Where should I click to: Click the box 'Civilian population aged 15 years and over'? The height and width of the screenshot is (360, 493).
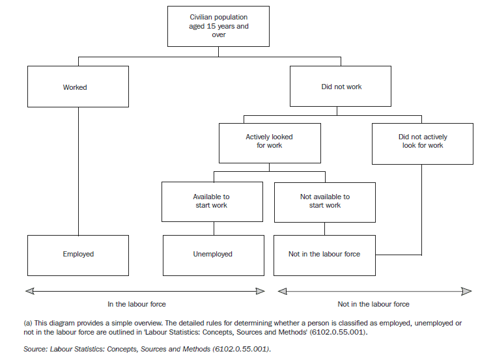218,26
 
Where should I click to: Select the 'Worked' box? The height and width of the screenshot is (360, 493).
78,87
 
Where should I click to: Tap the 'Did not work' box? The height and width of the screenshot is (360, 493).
341,87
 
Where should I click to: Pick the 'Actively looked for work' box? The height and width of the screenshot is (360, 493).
269,143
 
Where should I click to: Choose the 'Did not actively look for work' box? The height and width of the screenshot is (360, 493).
423,143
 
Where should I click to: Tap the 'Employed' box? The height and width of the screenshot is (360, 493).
78,255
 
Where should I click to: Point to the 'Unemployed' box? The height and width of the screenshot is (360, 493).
213,255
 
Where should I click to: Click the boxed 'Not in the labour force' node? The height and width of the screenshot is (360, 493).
324,255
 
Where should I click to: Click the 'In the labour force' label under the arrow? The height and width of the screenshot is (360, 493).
137,304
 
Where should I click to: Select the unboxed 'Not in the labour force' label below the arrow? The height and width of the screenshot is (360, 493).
374,304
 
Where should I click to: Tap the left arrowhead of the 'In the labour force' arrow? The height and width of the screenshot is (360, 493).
28,290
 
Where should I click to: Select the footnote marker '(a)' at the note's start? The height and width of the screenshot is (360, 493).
28,324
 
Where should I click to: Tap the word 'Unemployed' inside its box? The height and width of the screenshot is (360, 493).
213,255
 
